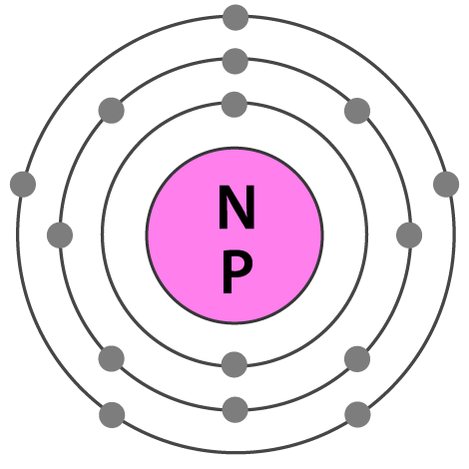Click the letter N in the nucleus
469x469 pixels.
tap(236, 207)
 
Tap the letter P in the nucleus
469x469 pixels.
tap(236, 271)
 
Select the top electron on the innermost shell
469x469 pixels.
tap(234, 105)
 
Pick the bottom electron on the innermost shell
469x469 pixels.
tap(234, 364)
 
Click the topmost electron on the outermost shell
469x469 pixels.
tap(235, 17)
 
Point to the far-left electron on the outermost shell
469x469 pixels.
tap(23, 185)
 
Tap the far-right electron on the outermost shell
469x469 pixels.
tap(446, 185)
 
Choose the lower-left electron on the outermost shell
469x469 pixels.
tap(112, 415)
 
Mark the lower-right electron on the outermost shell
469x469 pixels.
tap(357, 414)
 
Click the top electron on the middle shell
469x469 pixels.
tap(235, 61)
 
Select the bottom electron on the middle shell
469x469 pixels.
tap(235, 409)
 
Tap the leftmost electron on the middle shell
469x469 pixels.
tap(60, 235)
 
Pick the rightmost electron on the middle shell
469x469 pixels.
tap(409, 235)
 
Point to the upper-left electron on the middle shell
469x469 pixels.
tap(112, 111)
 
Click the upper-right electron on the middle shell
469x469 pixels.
tap(357, 111)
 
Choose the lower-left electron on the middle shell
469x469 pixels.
tap(112, 358)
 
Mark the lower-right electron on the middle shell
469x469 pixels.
tap(357, 359)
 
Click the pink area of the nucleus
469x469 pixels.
tap(180, 235)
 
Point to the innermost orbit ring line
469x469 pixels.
tap(102, 234)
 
